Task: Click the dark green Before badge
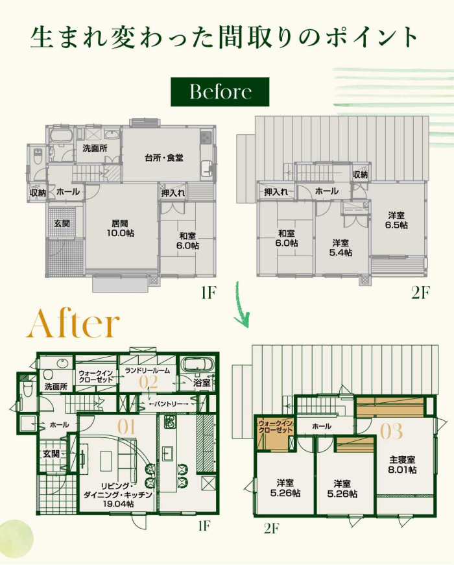click(x=220, y=92)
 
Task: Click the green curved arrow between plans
click(x=240, y=304)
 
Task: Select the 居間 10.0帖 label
click(x=120, y=228)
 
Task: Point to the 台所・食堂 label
click(x=164, y=158)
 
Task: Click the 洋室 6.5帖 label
click(x=396, y=220)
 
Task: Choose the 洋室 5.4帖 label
click(x=340, y=248)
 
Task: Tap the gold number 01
click(x=126, y=427)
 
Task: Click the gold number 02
click(x=149, y=382)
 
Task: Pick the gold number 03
click(x=392, y=431)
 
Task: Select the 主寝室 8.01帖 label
click(x=403, y=465)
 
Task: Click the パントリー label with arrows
click(x=169, y=404)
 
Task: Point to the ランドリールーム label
click(x=147, y=370)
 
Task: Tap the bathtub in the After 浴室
click(x=197, y=365)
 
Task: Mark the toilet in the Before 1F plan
click(x=38, y=157)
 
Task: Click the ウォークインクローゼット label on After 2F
click(x=276, y=427)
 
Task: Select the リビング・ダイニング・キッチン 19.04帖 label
click(x=118, y=494)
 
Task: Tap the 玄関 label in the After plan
click(x=51, y=453)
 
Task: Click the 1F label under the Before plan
click(x=208, y=293)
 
